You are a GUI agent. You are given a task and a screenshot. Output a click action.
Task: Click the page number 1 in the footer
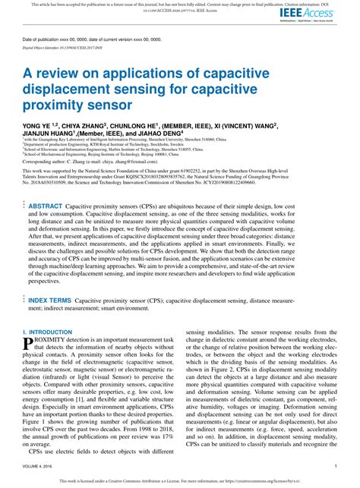click(x=335, y=466)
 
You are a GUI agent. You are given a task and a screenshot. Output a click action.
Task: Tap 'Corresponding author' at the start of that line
click(x=46, y=162)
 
